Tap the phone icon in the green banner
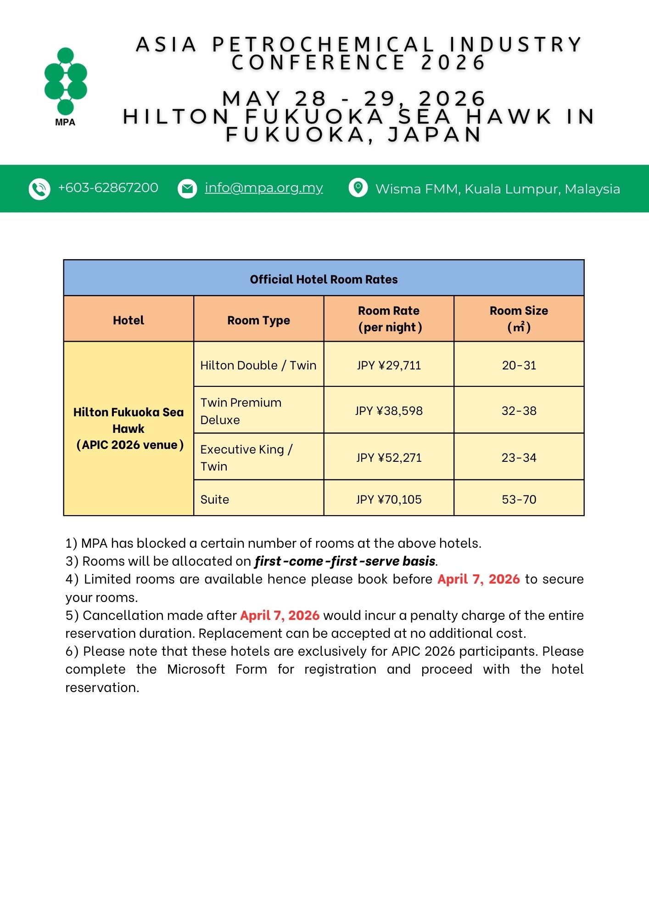coord(39,189)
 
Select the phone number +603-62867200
coord(108,187)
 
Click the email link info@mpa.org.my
coord(264,187)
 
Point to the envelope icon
coord(187,188)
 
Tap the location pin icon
coord(358,187)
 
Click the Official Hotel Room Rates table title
coord(324,279)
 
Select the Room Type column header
coord(258,320)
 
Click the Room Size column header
coord(519,319)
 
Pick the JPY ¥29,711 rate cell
coord(389,365)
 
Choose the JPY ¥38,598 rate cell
coord(389,411)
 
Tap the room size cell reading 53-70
coord(519,499)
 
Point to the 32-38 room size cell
coord(519,411)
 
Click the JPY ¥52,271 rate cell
coord(389,458)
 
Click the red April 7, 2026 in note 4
coord(478,579)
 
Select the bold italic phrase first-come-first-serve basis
coord(345,561)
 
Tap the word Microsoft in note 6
coord(196,669)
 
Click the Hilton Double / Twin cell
coord(258,365)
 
